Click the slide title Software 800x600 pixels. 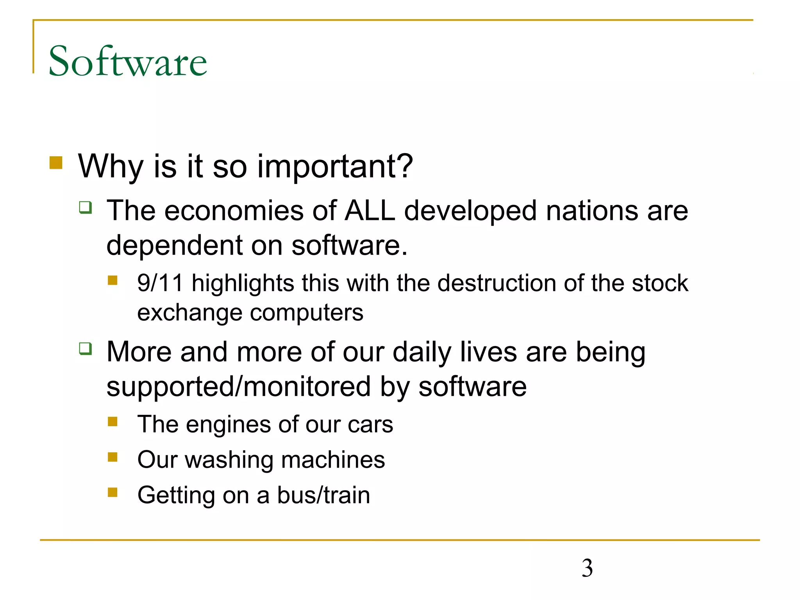(128, 61)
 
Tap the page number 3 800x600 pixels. (587, 568)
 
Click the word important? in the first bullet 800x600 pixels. (335, 166)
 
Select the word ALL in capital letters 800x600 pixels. (370, 211)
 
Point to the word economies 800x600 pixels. (234, 211)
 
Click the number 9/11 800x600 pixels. (160, 283)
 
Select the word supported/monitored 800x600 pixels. (238, 387)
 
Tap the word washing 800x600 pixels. (229, 460)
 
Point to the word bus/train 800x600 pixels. (323, 495)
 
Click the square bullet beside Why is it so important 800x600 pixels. (56, 163)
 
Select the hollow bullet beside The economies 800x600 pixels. (86, 207)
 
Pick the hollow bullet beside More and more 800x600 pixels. (86, 348)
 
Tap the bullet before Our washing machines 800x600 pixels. (112, 457)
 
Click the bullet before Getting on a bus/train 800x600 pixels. (112, 492)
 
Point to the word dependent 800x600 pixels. (174, 246)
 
